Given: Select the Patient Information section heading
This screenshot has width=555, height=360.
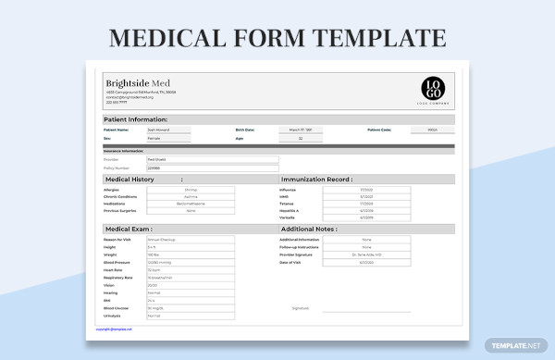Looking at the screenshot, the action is tap(136, 119).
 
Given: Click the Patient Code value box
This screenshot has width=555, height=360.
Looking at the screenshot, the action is tap(432, 130).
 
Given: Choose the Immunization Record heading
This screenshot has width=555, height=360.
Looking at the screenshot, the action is tap(316, 179).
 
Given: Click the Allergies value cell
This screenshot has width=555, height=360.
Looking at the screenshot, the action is tap(191, 190).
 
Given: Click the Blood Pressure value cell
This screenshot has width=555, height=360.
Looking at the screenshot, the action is tap(191, 262).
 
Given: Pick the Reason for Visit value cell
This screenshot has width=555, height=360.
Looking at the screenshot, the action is tap(191, 240).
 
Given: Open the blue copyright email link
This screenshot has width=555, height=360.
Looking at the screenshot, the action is tap(114, 329).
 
